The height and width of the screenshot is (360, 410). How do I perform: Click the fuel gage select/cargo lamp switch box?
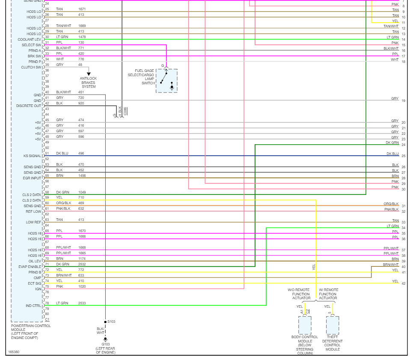166,80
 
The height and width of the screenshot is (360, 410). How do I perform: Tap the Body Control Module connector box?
305,325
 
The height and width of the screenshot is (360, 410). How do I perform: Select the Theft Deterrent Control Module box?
332,325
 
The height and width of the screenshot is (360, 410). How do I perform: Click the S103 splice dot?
105,322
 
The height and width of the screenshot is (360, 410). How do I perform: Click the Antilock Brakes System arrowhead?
89,74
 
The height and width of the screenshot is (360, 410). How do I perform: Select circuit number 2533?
82,303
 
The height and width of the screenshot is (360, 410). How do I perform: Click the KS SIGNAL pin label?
33,156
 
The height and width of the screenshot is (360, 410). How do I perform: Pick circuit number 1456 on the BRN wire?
82,176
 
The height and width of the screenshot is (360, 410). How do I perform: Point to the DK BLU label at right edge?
392,154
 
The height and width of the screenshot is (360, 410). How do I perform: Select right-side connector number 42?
403,283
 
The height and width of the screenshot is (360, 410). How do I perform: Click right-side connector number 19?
403,101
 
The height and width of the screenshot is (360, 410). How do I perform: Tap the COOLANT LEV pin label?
30,39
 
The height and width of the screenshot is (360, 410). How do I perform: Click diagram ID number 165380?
13,352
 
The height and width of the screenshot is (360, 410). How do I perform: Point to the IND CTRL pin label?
33,306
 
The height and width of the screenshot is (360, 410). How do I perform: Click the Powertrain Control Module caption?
31,332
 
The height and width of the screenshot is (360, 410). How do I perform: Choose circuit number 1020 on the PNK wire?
82,286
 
